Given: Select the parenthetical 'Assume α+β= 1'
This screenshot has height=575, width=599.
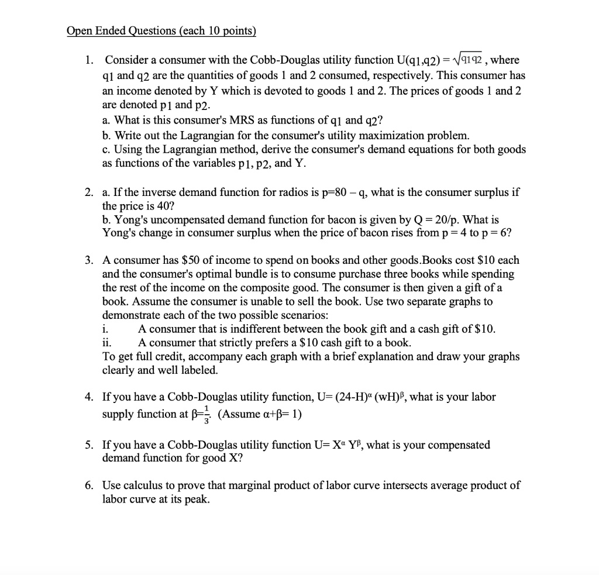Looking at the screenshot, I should pos(259,414).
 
